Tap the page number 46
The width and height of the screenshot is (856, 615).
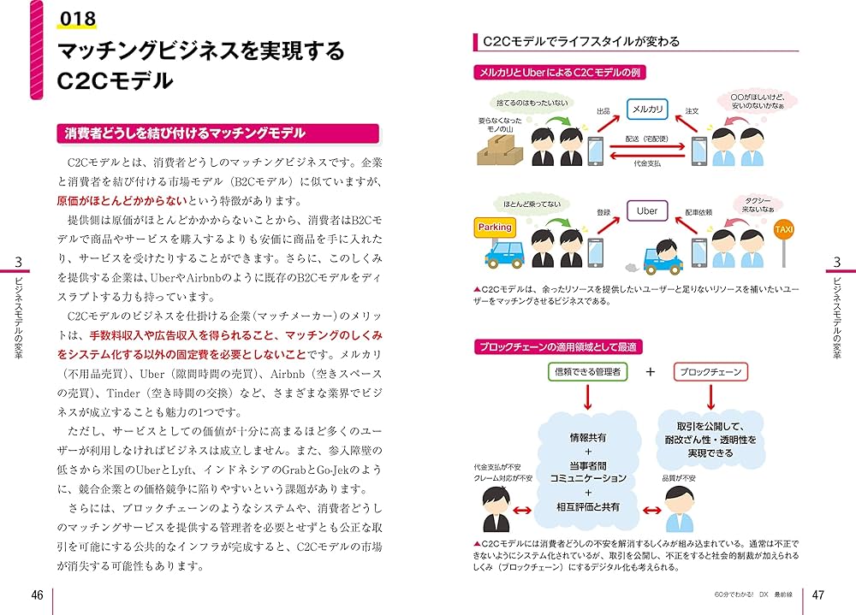click(x=37, y=595)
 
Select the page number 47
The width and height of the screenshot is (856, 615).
click(x=817, y=595)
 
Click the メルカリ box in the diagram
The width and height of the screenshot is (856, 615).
click(x=647, y=109)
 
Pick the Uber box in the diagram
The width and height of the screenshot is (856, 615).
click(x=647, y=211)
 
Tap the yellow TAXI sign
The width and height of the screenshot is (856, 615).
click(x=783, y=230)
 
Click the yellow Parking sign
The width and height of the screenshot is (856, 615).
click(x=495, y=227)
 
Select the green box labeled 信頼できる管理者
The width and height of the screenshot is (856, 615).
click(x=587, y=372)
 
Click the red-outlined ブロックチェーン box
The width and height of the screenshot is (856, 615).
click(x=710, y=372)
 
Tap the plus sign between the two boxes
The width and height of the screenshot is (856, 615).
click(x=650, y=372)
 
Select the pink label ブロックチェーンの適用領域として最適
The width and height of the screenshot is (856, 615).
click(x=557, y=346)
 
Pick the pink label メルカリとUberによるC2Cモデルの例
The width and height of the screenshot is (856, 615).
click(x=558, y=73)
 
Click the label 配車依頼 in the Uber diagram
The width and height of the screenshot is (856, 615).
click(x=698, y=211)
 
